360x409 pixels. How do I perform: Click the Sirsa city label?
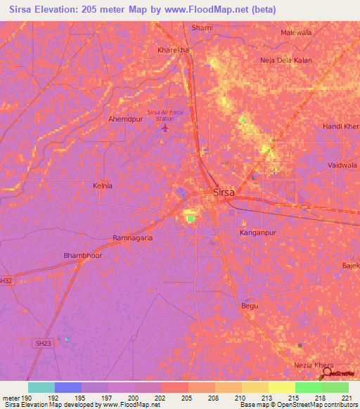coord(224,192)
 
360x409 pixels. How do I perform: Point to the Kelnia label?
coord(103,186)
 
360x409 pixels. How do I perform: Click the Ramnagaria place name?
coord(133,238)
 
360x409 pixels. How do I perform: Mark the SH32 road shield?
coord(6,280)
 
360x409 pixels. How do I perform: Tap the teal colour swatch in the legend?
coord(41,387)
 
